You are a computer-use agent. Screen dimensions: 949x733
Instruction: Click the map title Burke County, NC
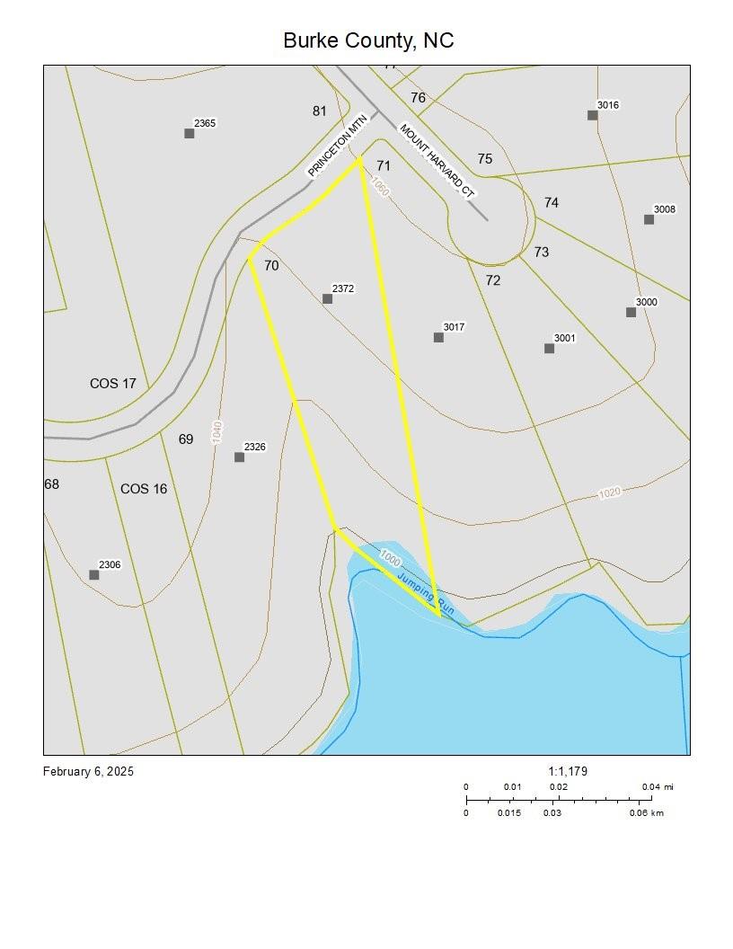pos(368,40)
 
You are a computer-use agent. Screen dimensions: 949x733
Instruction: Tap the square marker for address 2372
pos(328,298)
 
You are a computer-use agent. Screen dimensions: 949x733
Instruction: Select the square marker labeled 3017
pos(438,338)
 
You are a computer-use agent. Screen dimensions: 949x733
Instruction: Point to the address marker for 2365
pos(190,133)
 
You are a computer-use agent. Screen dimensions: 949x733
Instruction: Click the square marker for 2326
pos(240,457)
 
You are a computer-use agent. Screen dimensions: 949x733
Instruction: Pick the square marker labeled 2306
pos(94,575)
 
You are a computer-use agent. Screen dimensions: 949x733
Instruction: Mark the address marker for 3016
pos(593,115)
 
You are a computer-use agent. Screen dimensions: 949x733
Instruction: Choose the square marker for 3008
pos(649,219)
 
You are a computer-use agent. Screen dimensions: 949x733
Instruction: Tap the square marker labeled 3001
pos(550,349)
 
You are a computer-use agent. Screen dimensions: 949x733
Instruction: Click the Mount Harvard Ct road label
pos(437,161)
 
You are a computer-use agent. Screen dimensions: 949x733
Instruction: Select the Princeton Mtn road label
pos(339,148)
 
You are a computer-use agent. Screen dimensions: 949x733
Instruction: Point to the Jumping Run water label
pos(426,593)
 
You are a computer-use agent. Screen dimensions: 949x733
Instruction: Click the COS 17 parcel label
pos(113,384)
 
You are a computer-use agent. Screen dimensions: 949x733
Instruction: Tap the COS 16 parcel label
pos(144,489)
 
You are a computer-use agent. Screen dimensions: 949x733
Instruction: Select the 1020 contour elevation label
pos(610,492)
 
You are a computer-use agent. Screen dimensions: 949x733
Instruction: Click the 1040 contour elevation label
pos(217,431)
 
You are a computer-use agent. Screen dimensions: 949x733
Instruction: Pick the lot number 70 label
pos(271,266)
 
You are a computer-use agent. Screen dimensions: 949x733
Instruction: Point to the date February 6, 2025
pos(88,771)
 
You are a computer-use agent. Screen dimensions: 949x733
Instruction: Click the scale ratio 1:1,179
pos(568,771)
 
